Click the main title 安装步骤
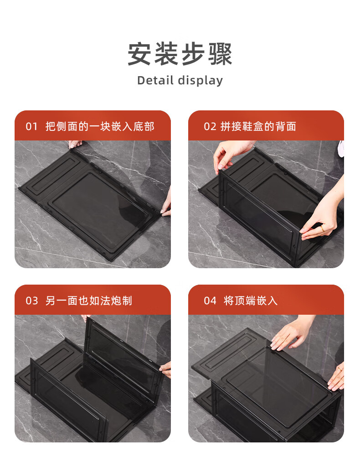tap(180, 54)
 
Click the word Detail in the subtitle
tap(155, 80)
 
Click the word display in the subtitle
tap(201, 81)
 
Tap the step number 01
tap(32, 126)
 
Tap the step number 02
tap(210, 126)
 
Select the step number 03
tap(32, 301)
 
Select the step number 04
tap(210, 301)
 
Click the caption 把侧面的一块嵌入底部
tap(100, 126)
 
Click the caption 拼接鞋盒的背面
tap(258, 126)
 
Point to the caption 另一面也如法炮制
tap(89, 301)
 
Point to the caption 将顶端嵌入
tap(251, 301)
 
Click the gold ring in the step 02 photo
tap(322, 229)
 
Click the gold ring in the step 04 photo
tap(340, 369)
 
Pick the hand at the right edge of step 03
tap(165, 369)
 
